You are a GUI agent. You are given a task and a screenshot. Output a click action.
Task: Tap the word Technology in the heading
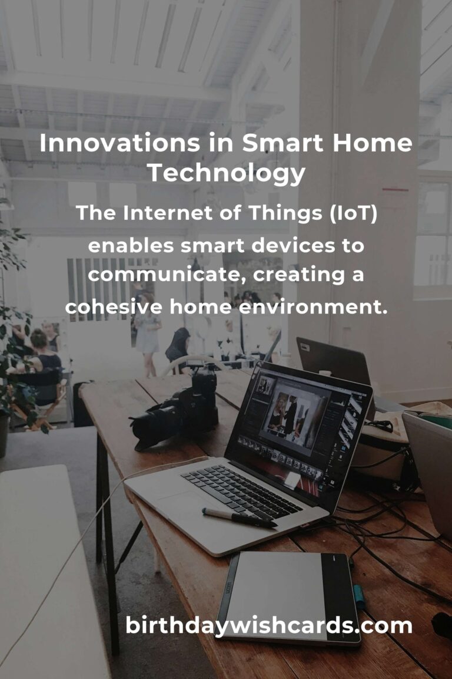pyautogui.click(x=226, y=174)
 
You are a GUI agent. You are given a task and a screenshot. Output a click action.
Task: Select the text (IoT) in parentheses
pyautogui.click(x=353, y=213)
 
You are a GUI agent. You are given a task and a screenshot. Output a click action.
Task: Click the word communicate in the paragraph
pyautogui.click(x=167, y=275)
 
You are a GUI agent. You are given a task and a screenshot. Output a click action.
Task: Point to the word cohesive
pyautogui.click(x=114, y=307)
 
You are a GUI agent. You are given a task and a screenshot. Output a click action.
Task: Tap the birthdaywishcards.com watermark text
pyautogui.click(x=268, y=626)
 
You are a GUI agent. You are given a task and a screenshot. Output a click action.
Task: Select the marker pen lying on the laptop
pyautogui.click(x=239, y=518)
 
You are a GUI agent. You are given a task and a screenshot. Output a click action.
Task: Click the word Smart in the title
pyautogui.click(x=282, y=143)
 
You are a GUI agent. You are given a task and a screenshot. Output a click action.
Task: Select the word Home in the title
pyautogui.click(x=373, y=143)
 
